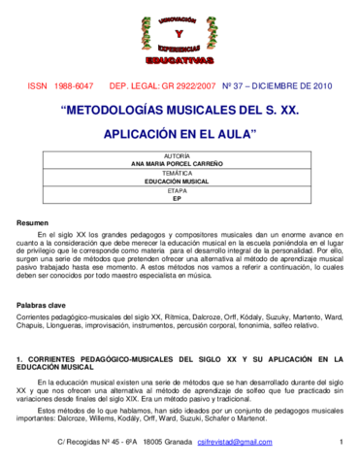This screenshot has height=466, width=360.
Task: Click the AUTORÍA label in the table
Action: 179,155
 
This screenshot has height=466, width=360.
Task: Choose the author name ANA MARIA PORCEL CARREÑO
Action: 179,164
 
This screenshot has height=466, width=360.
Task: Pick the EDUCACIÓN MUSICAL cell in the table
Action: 179,182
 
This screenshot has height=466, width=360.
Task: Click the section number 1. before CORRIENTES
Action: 20,360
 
